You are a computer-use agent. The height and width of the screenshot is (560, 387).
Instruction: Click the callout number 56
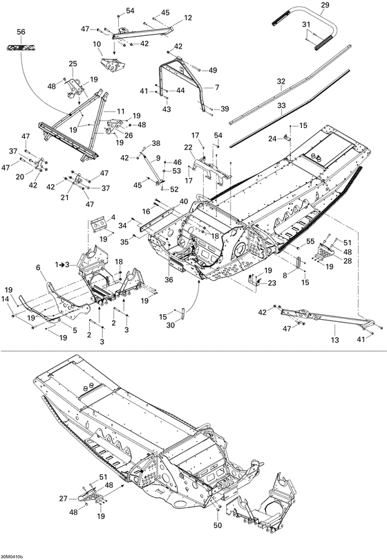click(20, 33)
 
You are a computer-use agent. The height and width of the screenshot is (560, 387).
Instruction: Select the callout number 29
click(325, 6)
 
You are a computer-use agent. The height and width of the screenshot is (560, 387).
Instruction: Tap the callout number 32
click(281, 81)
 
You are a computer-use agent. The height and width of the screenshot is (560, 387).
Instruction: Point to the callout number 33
click(281, 105)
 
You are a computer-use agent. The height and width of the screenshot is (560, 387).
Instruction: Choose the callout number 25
click(73, 64)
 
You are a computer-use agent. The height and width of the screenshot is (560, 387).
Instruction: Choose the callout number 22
click(188, 147)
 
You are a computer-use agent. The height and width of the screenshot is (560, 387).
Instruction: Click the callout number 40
click(183, 201)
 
